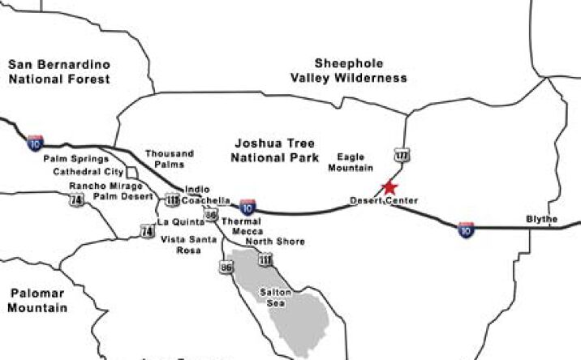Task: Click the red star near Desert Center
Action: (389, 186)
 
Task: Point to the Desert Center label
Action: (384, 200)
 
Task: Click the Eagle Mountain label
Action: (351, 162)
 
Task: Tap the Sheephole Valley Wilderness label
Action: (349, 71)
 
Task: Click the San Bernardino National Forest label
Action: (58, 71)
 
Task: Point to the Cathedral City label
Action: (88, 172)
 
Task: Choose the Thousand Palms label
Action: (169, 159)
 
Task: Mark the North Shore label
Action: (275, 242)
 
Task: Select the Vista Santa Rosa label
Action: (188, 244)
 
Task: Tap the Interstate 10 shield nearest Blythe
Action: (466, 229)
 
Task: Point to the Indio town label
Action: (196, 190)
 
